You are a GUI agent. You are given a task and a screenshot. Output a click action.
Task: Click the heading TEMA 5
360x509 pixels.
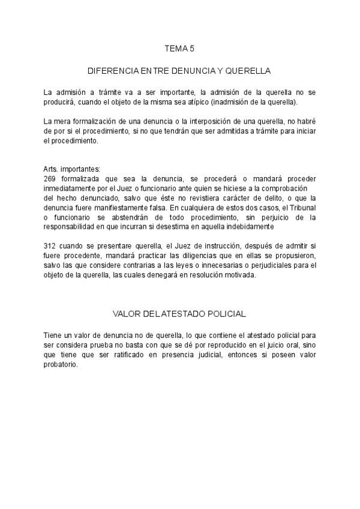click(x=180, y=47)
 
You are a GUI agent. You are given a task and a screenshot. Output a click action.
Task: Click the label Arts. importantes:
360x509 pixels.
click(x=72, y=170)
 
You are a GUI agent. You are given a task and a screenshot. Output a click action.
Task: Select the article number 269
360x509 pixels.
click(x=50, y=179)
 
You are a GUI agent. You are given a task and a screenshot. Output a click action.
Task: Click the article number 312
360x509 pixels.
click(x=50, y=245)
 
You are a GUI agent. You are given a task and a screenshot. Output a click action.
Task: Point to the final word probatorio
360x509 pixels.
click(x=60, y=364)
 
